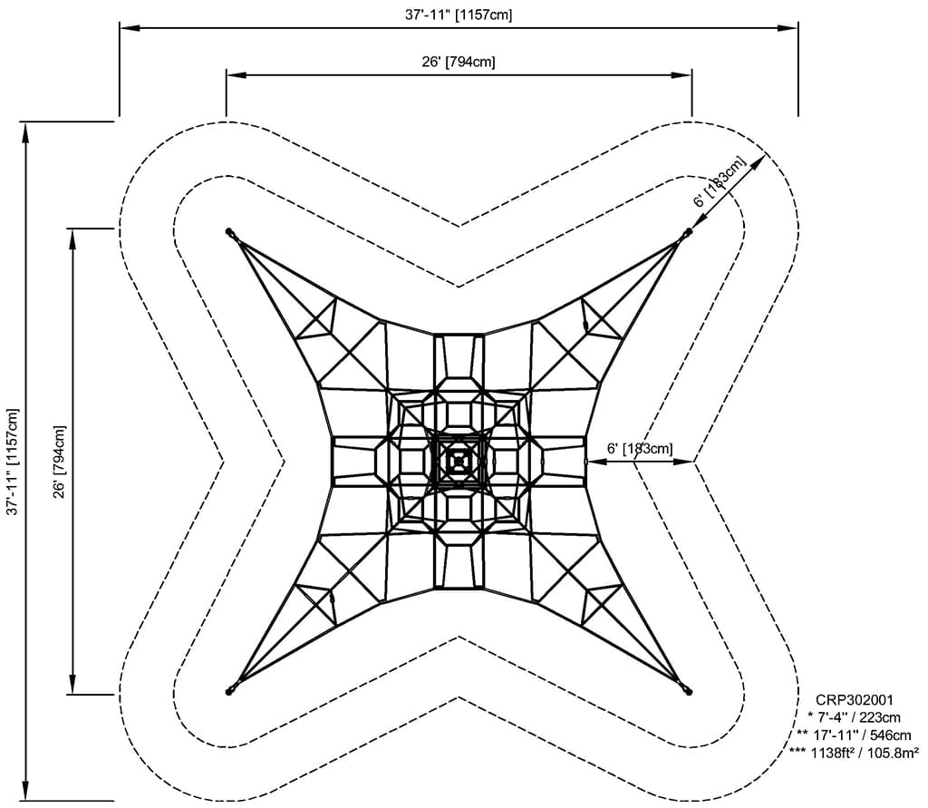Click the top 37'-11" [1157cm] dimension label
pos(459,15)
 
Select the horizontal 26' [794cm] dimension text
pos(459,62)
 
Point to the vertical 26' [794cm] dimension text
pos(60,462)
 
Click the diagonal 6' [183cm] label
pos(719,181)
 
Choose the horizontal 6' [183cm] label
pos(640,448)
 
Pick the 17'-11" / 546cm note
pos(854,735)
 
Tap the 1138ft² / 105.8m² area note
pos(854,753)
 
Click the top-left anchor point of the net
pos(229,231)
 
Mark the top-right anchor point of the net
pos(689,231)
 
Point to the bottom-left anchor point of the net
pos(229,691)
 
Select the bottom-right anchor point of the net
pos(689,691)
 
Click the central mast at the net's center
pos(459,461)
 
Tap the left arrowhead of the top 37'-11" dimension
pos(130,27)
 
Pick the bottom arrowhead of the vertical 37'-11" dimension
pos(25,790)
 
